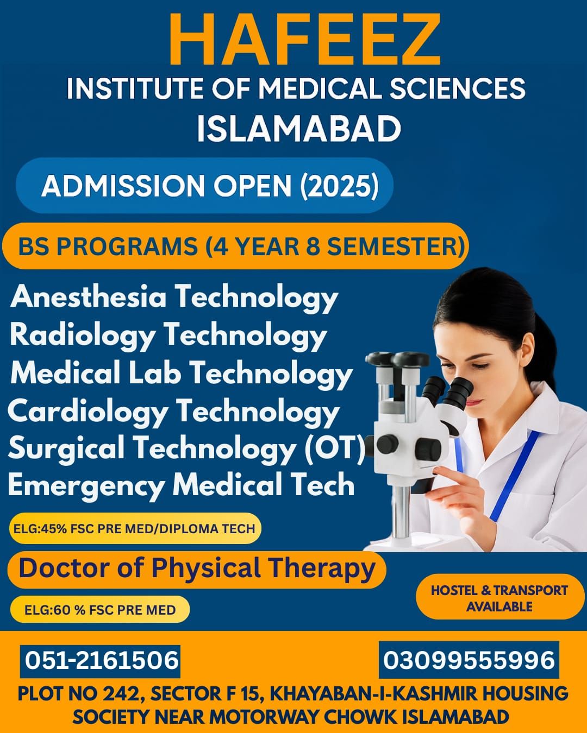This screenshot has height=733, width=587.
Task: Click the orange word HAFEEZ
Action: pos(304,40)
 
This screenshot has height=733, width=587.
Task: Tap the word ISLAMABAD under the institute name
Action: pos(299,129)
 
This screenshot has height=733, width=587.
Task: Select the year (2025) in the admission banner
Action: pos(339,186)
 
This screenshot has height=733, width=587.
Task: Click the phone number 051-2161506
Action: pos(101,660)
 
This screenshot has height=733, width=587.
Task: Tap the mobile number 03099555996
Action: pos(469,660)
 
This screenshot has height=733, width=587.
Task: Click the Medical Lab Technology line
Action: pos(182,375)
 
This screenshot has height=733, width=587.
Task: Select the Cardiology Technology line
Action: pos(173,413)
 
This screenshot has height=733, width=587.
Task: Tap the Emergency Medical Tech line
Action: pos(181,485)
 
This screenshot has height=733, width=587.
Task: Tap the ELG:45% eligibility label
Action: pos(135,528)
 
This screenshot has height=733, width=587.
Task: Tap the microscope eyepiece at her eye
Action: pos(460,391)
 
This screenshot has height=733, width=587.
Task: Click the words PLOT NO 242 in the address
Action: pos(79,694)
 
